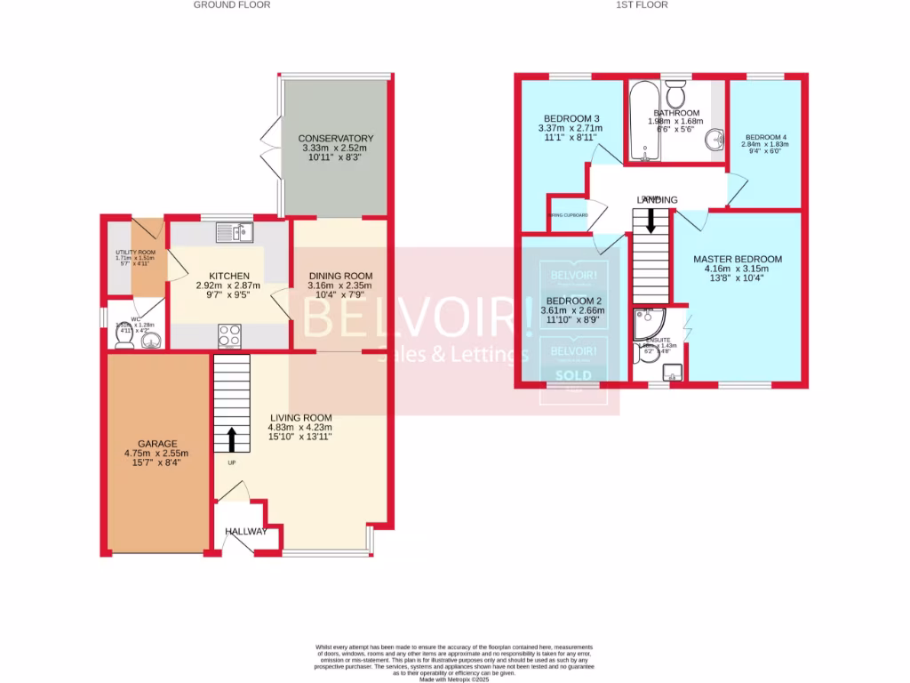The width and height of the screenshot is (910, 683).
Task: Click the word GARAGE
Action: (156, 444)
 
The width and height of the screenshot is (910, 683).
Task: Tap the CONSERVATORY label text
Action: (335, 139)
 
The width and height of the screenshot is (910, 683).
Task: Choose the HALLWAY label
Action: (245, 532)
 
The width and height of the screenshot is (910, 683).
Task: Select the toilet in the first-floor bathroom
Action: (677, 92)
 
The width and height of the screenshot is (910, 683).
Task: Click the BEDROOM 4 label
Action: (765, 137)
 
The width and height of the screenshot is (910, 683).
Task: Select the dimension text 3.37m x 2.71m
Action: (570, 128)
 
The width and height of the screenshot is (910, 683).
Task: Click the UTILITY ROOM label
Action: (135, 253)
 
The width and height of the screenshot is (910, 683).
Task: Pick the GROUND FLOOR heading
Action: (232, 4)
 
